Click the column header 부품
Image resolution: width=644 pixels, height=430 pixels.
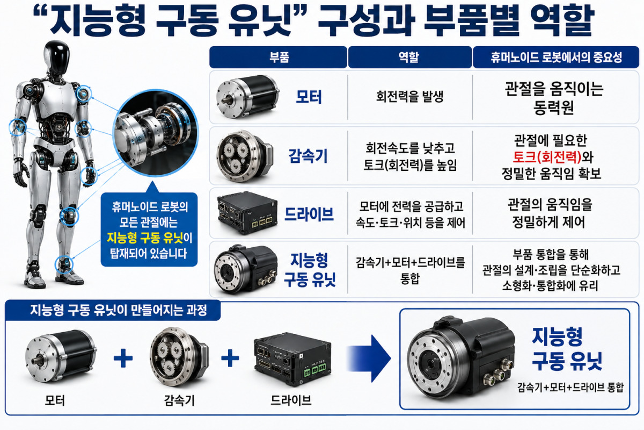(279, 58)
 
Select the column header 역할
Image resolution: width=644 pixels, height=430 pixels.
(409, 58)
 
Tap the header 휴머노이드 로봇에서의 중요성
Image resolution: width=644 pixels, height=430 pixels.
(557, 58)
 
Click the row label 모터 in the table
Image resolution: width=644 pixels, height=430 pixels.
(309, 97)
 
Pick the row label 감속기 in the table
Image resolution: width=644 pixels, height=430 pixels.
(308, 156)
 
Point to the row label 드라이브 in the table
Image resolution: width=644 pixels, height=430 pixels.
(309, 214)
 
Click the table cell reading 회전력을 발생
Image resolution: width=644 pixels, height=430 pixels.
(409, 97)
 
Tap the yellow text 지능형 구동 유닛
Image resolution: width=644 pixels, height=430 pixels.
(145, 238)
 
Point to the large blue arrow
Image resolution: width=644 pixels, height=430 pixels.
(369, 359)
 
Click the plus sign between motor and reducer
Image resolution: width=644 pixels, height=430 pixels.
(123, 359)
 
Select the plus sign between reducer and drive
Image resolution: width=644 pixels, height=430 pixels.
(230, 359)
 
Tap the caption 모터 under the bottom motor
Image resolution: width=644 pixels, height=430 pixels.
(55, 400)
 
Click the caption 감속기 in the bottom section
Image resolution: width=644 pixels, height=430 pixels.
(179, 400)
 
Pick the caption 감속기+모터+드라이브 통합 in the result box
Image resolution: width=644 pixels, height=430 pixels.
(570, 388)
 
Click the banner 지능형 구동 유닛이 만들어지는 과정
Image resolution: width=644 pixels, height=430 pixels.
(119, 310)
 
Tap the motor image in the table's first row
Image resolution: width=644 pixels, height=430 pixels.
(247, 97)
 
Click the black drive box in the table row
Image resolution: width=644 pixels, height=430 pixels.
(247, 213)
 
